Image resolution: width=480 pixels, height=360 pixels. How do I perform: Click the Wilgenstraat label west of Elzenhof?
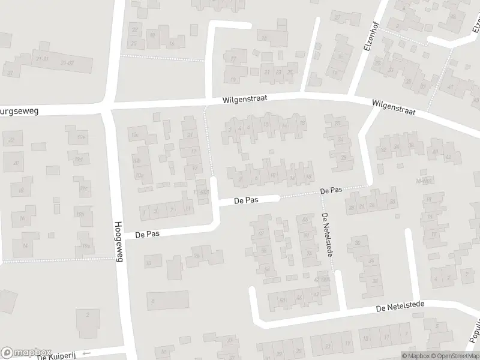coord(244,98)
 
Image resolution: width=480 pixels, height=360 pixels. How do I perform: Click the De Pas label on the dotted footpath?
coord(331,190)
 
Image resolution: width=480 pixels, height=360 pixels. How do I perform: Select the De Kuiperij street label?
coord(58,356)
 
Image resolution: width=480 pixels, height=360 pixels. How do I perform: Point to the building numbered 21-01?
coord(43,58)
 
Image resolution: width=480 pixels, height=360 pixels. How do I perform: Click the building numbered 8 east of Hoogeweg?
coord(154,299)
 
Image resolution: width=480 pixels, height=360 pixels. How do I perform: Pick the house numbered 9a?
coord(196,256)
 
